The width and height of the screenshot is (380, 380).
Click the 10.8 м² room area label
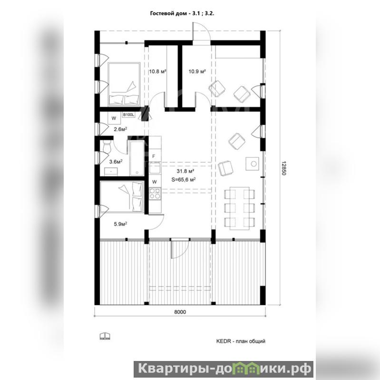point(157,71)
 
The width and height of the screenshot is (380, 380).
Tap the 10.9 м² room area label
point(197,71)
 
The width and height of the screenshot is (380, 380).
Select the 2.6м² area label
point(121,129)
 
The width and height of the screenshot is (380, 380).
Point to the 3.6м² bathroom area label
point(116,161)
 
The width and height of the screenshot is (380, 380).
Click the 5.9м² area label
point(121,224)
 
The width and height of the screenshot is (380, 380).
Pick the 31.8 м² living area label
point(185,171)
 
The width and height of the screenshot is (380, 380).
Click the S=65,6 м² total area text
point(184,180)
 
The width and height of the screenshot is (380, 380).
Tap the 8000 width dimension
point(180,312)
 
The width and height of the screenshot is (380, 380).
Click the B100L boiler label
point(128,115)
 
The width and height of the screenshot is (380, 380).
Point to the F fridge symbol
point(154,156)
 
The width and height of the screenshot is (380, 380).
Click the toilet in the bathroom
point(107,146)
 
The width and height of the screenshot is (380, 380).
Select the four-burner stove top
point(155,194)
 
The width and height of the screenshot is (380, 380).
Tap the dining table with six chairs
point(239,208)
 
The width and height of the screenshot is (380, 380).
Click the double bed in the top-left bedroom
point(124,84)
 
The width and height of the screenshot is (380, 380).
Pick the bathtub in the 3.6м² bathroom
point(136,158)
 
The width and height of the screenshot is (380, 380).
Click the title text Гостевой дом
point(169,14)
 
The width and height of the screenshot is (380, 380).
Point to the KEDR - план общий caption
point(241,341)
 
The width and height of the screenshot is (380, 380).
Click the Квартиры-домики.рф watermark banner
point(224,369)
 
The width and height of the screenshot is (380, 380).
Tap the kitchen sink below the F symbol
point(155,168)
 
